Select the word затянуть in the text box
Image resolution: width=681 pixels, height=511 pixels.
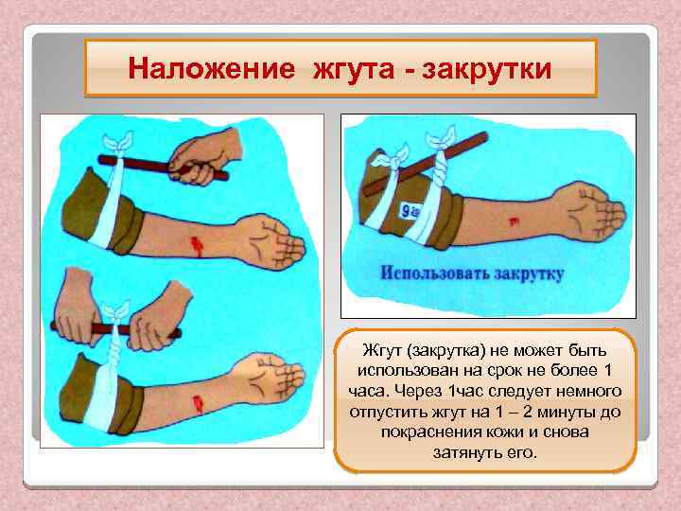click(x=464, y=451)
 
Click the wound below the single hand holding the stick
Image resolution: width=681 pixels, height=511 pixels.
click(x=197, y=246)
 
